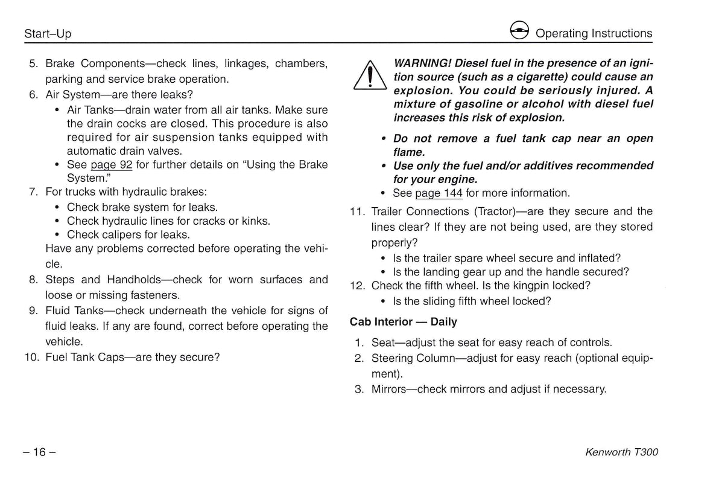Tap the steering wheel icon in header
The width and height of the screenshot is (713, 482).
click(519, 31)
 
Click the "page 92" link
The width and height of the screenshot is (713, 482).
click(111, 165)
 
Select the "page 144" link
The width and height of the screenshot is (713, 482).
click(439, 193)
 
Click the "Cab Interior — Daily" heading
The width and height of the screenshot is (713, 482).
click(404, 322)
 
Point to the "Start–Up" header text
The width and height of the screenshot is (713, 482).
click(48, 34)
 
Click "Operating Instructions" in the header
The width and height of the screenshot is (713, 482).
click(594, 33)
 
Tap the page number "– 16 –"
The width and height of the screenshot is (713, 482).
click(40, 452)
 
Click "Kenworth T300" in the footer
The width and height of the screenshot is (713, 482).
click(621, 452)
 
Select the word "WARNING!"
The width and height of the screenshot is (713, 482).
click(422, 63)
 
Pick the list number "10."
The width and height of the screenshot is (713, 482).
click(32, 357)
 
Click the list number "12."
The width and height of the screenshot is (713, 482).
click(358, 286)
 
